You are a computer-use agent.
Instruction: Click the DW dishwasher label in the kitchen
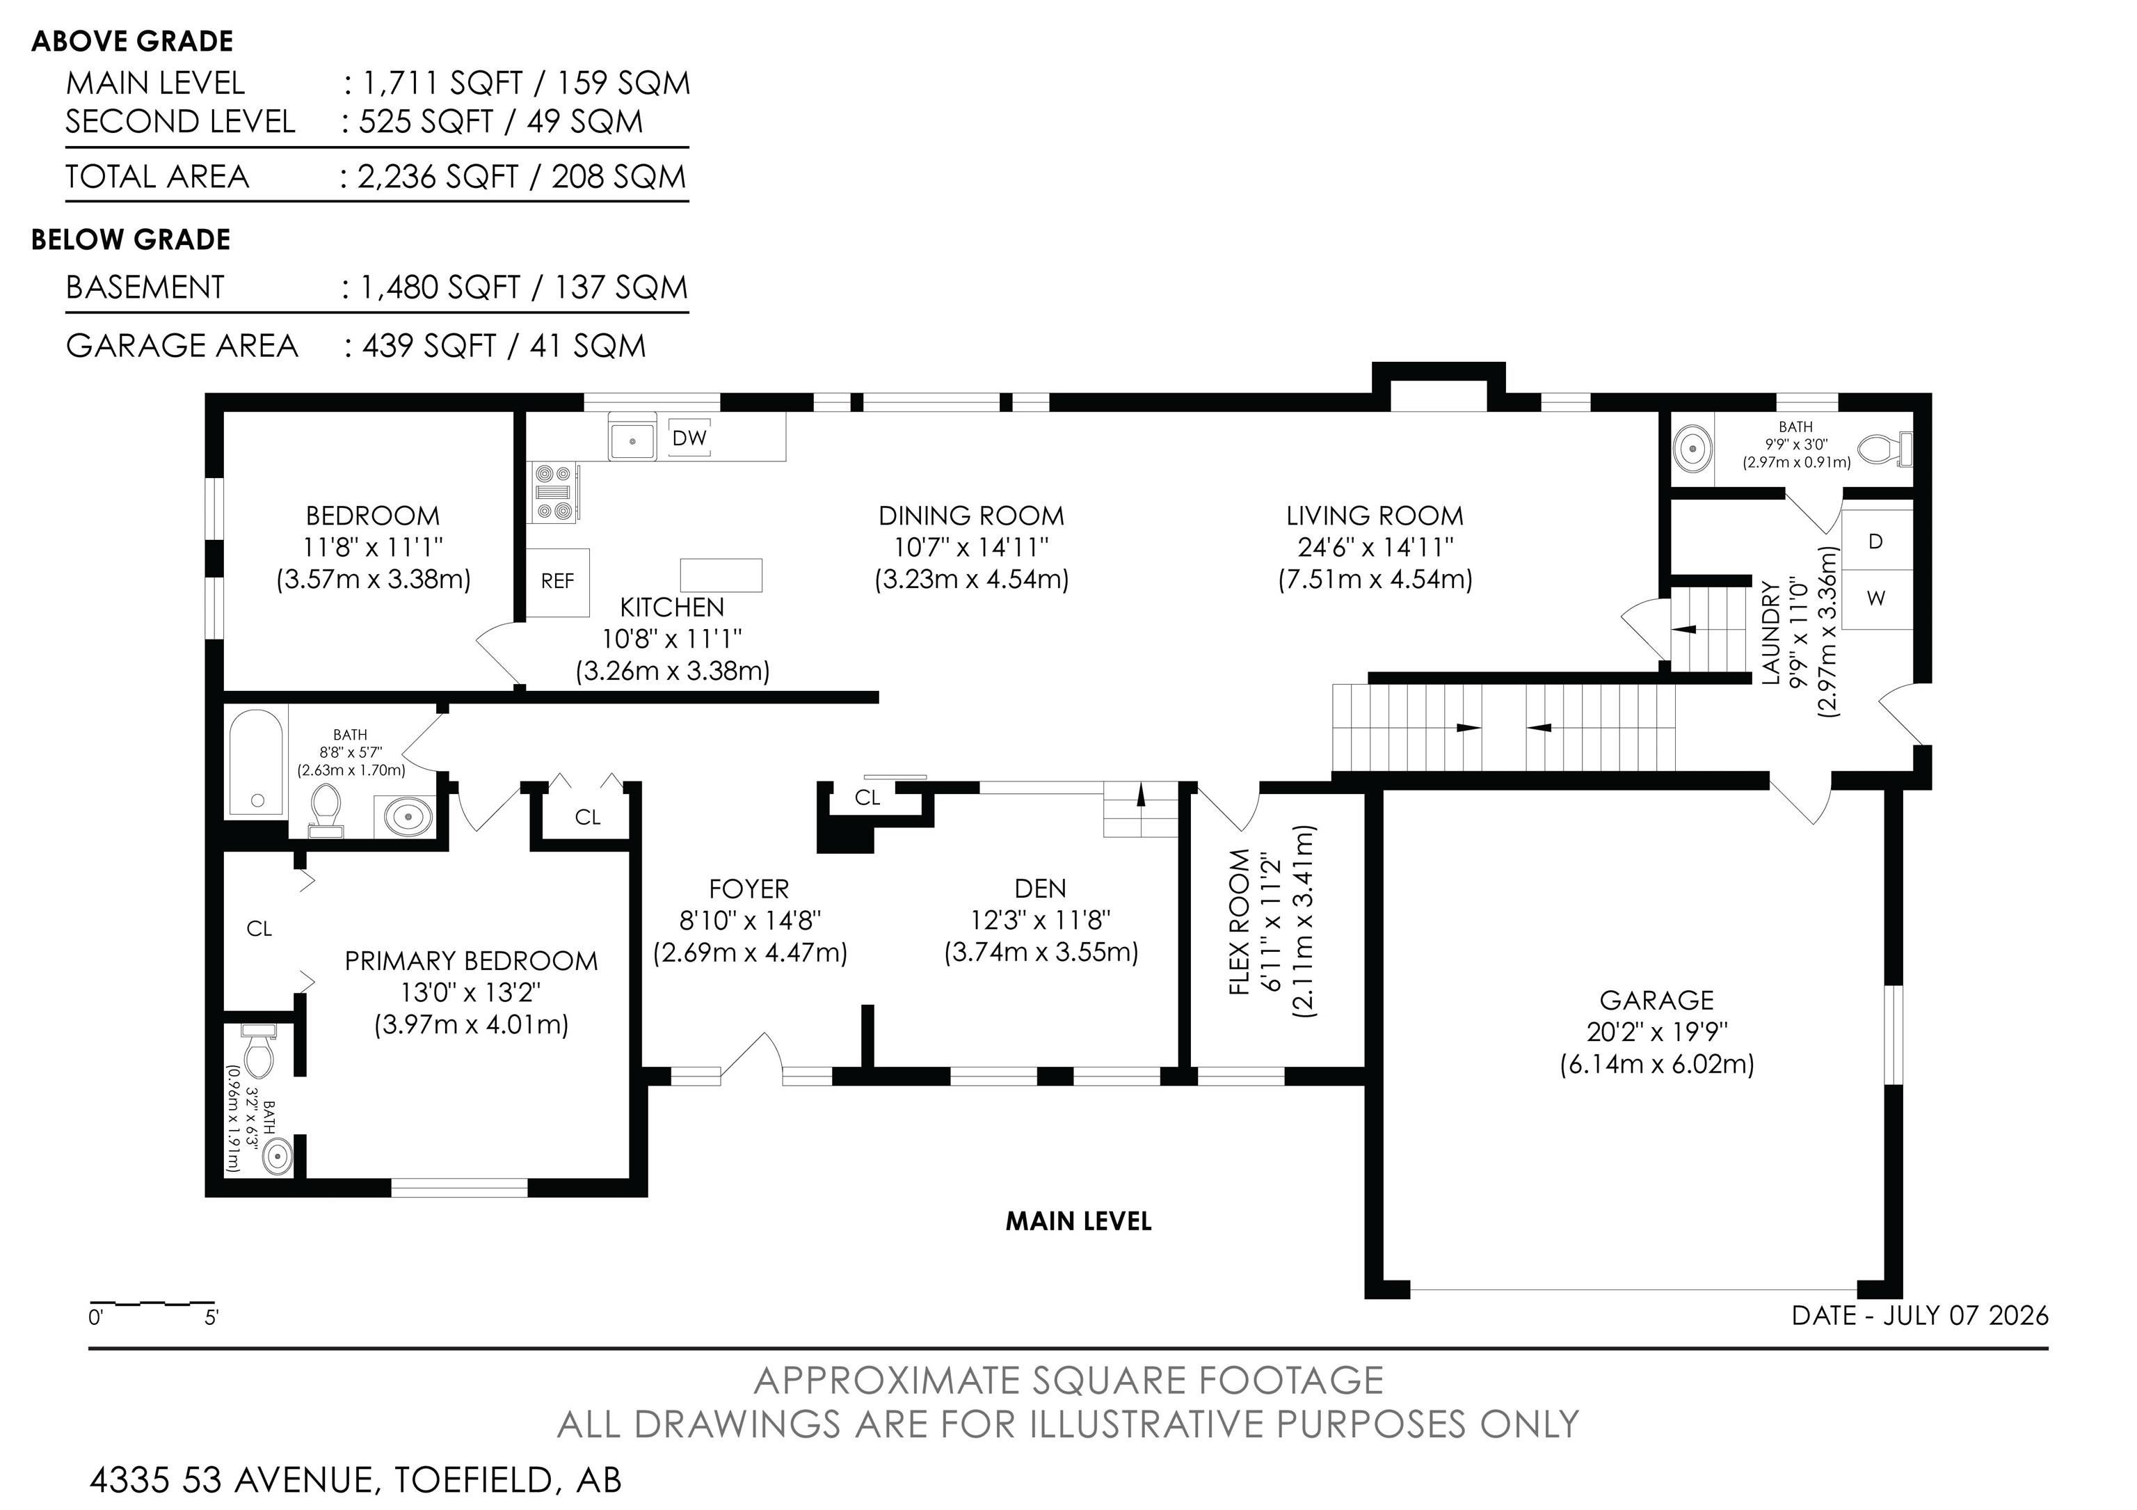[689, 438]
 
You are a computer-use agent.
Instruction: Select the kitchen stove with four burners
[554, 493]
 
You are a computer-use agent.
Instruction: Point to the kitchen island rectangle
[721, 575]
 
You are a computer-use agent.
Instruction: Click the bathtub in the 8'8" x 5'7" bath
[256, 763]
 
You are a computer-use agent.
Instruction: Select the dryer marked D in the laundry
[1876, 541]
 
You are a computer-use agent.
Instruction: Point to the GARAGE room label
[1657, 1000]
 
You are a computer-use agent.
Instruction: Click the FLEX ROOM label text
[1239, 921]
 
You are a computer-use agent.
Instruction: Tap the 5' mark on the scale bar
[211, 1317]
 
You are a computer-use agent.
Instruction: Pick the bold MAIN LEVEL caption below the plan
[1079, 1221]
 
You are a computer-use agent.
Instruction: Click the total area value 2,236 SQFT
[438, 176]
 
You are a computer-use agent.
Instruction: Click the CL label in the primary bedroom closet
[259, 928]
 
